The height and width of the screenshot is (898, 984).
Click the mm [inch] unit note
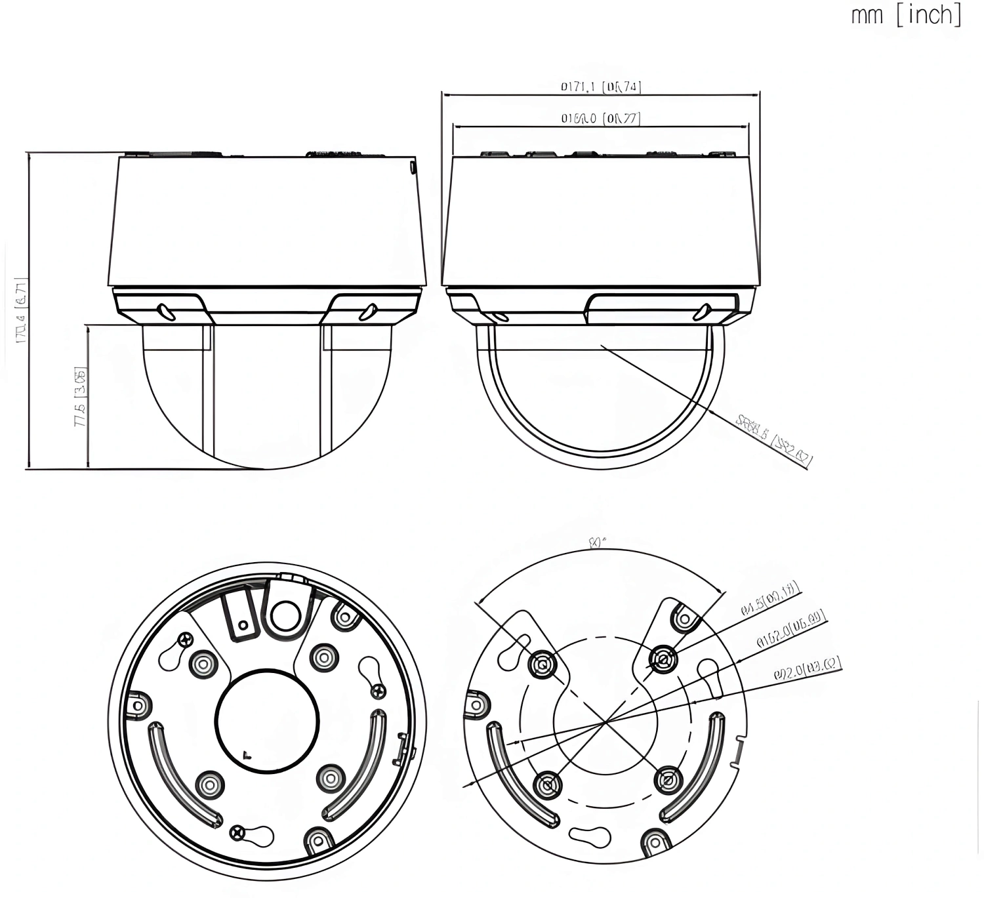click(906, 14)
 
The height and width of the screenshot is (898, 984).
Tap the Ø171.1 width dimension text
click(600, 87)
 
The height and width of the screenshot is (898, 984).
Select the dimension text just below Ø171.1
click(600, 119)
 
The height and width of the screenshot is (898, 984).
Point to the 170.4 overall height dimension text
click(21, 311)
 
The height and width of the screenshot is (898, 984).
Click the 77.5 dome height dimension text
click(80, 397)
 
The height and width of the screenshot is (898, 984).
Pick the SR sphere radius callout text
click(774, 441)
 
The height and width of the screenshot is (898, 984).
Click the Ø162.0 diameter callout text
click(790, 630)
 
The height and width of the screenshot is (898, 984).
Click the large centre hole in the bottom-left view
click(267, 720)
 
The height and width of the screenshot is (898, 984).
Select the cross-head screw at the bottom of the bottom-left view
click(237, 833)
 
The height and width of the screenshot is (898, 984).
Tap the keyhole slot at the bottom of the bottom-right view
click(590, 834)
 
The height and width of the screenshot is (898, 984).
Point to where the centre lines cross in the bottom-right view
click(605, 722)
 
